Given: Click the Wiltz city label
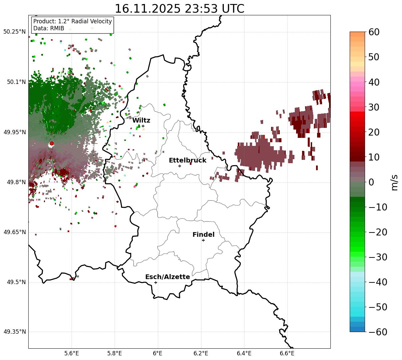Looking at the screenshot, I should tap(141, 120).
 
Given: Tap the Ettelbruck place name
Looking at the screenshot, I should tap(188, 160).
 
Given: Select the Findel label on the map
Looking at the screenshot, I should tap(203, 234).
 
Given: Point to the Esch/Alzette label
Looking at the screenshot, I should tap(168, 277).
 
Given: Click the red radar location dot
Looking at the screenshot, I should tap(52, 144).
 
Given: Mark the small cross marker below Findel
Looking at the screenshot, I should tap(203, 240).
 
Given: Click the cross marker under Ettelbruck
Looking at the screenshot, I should tap(180, 166).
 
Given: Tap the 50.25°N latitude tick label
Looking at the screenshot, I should tap(14, 32).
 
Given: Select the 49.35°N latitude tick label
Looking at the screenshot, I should tap(14, 332).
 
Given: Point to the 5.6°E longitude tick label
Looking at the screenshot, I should tap(72, 353).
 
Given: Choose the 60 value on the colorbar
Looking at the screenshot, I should tap(374, 32).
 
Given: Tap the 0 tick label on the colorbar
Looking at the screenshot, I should tap(371, 182).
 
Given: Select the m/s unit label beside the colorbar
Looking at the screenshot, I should tap(395, 182).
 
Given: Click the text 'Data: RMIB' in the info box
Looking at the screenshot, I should tap(49, 28).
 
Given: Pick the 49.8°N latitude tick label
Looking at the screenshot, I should tap(16, 182).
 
